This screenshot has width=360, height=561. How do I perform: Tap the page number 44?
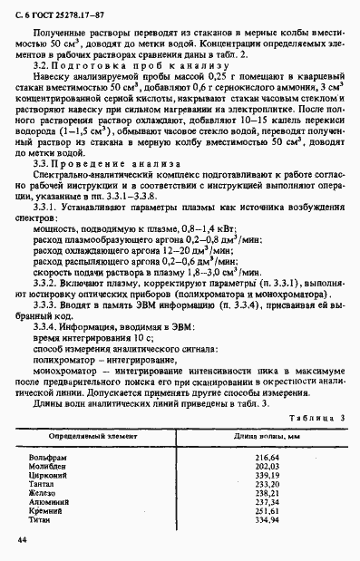coord(19,540)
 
